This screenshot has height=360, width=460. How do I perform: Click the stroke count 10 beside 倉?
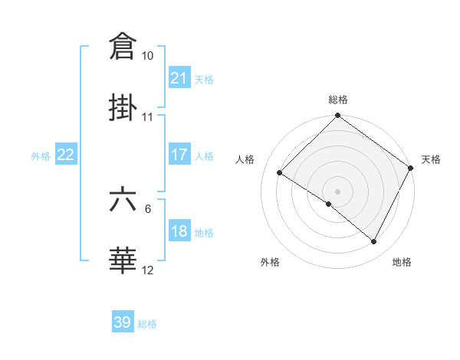pyautogui.click(x=147, y=56)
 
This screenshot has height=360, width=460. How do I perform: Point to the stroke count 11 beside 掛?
pyautogui.click(x=147, y=117)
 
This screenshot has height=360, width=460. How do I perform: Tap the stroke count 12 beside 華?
pyautogui.click(x=147, y=270)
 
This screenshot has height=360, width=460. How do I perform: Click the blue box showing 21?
pyautogui.click(x=179, y=77)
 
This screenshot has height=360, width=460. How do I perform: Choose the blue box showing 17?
pyautogui.click(x=179, y=155)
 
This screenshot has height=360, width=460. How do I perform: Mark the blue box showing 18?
pyautogui.click(x=179, y=231)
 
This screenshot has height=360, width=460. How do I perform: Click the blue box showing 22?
pyautogui.click(x=66, y=155)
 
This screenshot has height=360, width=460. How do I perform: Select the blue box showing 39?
pyautogui.click(x=123, y=322)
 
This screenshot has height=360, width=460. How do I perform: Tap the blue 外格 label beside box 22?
pyautogui.click(x=41, y=155)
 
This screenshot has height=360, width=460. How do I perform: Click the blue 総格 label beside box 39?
pyautogui.click(x=147, y=324)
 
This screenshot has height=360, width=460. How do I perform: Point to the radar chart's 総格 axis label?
pyautogui.click(x=337, y=100)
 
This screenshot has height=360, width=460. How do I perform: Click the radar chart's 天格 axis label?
pyautogui.click(x=431, y=159)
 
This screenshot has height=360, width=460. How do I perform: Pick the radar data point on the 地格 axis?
pyautogui.click(x=374, y=242)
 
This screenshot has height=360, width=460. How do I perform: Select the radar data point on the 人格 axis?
pyautogui.click(x=280, y=173)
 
